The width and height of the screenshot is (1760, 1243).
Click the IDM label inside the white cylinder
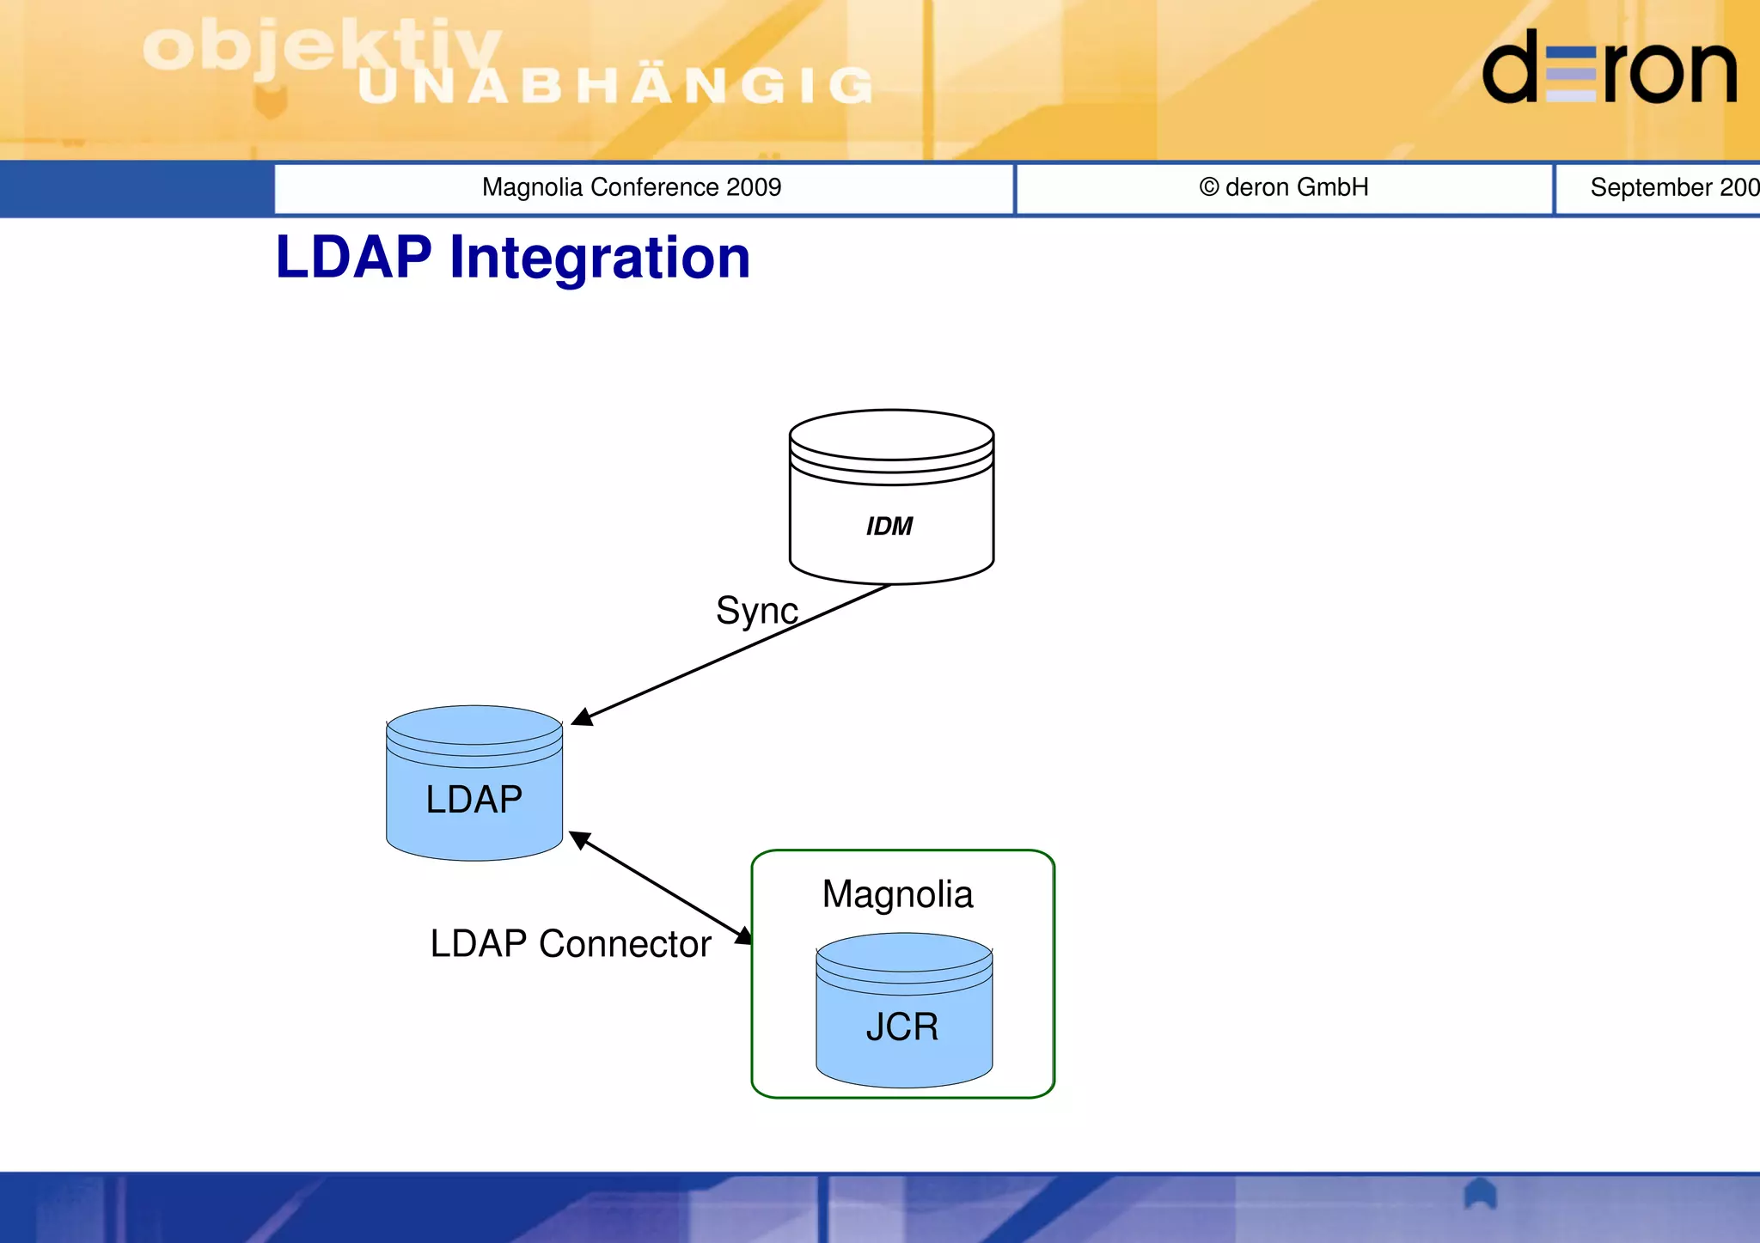[x=889, y=527]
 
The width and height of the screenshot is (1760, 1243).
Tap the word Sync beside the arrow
[x=756, y=611]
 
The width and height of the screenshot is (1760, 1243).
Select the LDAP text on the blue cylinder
[x=474, y=799]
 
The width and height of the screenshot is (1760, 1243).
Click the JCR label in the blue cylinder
[x=901, y=1027]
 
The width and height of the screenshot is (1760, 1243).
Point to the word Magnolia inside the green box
[x=897, y=894]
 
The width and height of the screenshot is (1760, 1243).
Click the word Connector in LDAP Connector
[x=625, y=944]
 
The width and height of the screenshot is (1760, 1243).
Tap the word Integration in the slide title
[x=600, y=258]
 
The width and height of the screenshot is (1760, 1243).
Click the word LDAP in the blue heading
[x=353, y=258]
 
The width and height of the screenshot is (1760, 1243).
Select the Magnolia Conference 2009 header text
[x=632, y=187]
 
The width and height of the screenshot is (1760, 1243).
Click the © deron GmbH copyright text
[x=1284, y=187]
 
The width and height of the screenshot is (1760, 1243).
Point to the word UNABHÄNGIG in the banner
[x=615, y=86]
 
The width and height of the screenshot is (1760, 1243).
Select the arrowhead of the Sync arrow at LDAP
[x=582, y=717]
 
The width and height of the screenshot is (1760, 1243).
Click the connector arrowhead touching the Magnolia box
[x=744, y=936]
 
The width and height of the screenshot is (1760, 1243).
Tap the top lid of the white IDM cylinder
[x=891, y=435]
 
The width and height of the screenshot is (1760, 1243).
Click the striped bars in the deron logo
[x=1570, y=75]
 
